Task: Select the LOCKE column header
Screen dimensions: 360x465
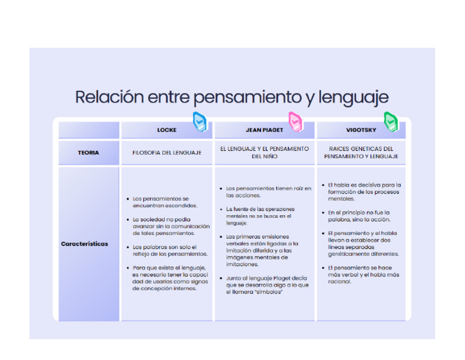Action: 167,130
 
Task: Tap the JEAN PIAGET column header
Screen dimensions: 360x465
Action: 265,130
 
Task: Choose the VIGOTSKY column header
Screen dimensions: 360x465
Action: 361,130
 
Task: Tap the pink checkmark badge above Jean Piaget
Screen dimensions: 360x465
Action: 295,122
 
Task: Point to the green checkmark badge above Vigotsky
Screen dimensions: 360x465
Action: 391,122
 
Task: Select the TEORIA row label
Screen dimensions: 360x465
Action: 88,153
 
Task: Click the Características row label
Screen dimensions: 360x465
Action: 85,244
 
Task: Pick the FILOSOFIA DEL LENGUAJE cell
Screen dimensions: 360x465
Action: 167,153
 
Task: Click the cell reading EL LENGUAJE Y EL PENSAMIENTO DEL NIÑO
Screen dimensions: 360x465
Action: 265,152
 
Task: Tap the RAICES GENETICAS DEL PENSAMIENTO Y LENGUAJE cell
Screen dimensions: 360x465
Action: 361,152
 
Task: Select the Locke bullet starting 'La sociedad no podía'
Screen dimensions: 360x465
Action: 170,226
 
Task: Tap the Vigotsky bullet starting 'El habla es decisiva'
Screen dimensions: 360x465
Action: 363,192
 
